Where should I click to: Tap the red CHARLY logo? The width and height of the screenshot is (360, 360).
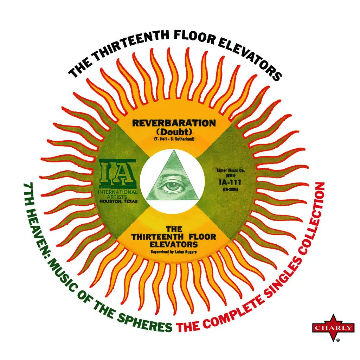pyautogui.click(x=333, y=328)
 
